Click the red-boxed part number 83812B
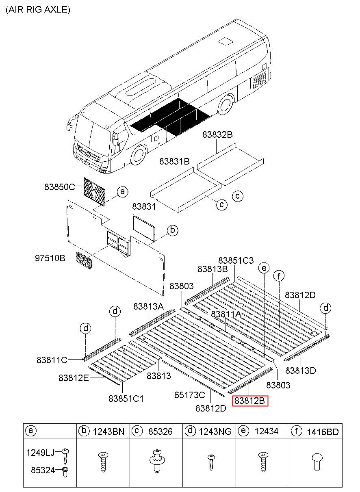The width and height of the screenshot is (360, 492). coord(250,401)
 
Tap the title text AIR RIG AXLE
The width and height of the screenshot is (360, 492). coord(38,10)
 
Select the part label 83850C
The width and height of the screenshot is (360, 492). coord(60,187)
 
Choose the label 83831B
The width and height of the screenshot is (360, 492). coord(174,161)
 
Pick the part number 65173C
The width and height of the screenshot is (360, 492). coord(190,394)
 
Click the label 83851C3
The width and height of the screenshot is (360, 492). coord(236,260)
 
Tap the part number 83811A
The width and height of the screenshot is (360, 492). coord(226,314)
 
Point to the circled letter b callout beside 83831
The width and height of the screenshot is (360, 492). coord(172,230)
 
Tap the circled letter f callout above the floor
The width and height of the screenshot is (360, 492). coord(279,276)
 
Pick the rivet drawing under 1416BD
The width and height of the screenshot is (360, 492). coord(316,462)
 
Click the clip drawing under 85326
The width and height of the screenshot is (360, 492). coord(156,462)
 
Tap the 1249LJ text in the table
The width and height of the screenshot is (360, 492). coord(40,452)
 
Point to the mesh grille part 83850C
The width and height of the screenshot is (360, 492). coord(94,191)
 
